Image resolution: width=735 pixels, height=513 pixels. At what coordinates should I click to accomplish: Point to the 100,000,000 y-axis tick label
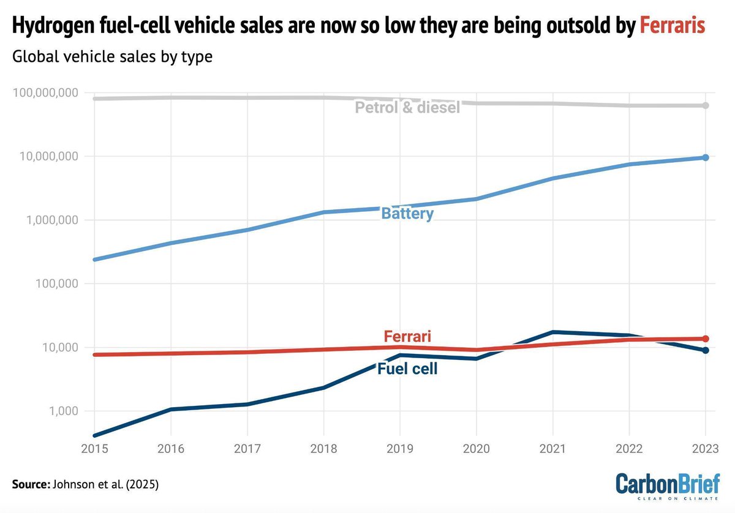pos(45,92)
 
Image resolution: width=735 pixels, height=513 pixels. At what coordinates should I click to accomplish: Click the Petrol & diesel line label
pos(407,108)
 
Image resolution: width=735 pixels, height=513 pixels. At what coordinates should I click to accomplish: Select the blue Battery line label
pos(407,214)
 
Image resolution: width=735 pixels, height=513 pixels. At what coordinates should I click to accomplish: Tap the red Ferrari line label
pos(407,336)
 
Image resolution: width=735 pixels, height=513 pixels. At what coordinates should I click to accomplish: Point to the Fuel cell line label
pos(407,369)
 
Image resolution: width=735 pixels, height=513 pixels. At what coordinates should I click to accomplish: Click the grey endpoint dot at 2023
pos(706,105)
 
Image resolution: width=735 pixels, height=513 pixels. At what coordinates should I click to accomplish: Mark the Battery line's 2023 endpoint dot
pos(706,157)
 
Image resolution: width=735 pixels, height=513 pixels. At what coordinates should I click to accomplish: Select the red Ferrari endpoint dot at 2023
pos(706,339)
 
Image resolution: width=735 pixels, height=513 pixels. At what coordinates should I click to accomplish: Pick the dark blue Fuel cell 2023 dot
pos(706,350)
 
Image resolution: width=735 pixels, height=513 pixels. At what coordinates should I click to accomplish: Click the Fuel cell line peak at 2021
pos(553,332)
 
